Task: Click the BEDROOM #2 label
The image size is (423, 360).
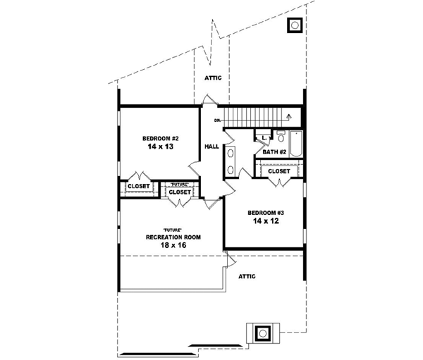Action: [x=159, y=138]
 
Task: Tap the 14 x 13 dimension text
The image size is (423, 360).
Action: [x=161, y=148]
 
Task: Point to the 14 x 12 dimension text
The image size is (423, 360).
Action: [x=265, y=221]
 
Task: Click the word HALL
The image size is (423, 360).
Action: [x=211, y=147]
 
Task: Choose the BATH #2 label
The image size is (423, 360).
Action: [x=274, y=151]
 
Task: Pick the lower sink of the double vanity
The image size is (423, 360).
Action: [x=231, y=168]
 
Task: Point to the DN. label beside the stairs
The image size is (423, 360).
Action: [x=218, y=120]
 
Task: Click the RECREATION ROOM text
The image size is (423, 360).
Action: [x=173, y=237]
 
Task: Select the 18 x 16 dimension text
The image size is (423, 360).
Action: [x=173, y=247]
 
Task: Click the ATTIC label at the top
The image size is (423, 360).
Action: [x=213, y=77]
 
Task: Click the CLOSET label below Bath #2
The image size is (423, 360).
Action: [x=278, y=171]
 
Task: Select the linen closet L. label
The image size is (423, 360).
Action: [x=262, y=137]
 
